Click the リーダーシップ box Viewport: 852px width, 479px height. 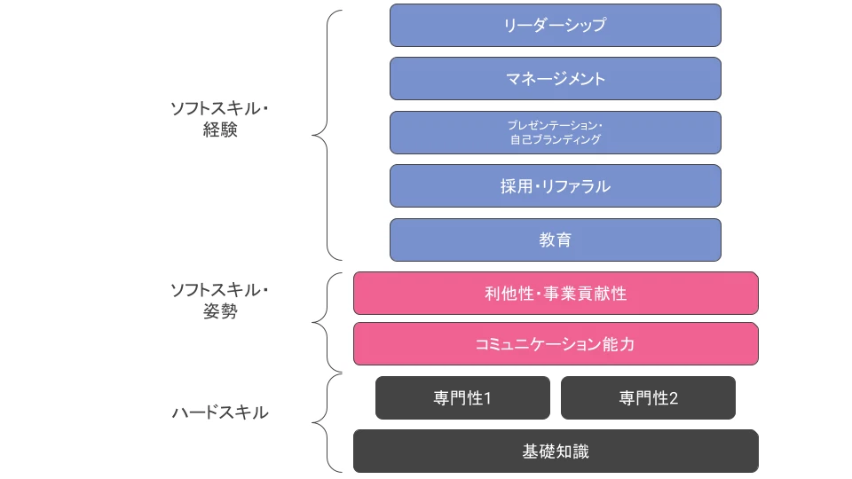pos(555,25)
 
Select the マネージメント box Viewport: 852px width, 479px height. pos(555,78)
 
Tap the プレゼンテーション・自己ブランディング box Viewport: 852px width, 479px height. pos(555,132)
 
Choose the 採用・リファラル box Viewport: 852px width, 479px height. pos(555,186)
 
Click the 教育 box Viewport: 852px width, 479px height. pos(555,239)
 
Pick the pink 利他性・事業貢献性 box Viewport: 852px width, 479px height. pos(556,293)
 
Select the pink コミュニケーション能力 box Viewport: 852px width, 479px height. pos(556,344)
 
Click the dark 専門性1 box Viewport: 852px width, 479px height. pos(462,397)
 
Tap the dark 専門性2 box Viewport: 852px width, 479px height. pos(648,397)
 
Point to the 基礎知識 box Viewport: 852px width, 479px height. pos(556,451)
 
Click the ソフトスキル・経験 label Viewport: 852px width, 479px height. pos(220,119)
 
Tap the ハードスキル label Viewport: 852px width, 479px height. pos(220,412)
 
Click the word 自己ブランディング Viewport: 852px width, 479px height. pos(555,140)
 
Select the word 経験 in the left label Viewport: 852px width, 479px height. pos(220,130)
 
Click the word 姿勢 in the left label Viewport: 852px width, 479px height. pos(220,311)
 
